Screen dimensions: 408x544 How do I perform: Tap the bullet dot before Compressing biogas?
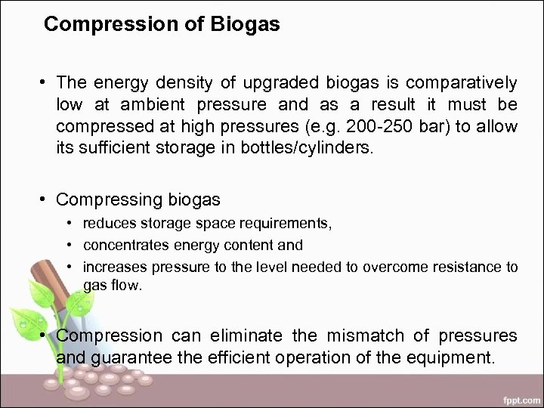pos(46,199)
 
